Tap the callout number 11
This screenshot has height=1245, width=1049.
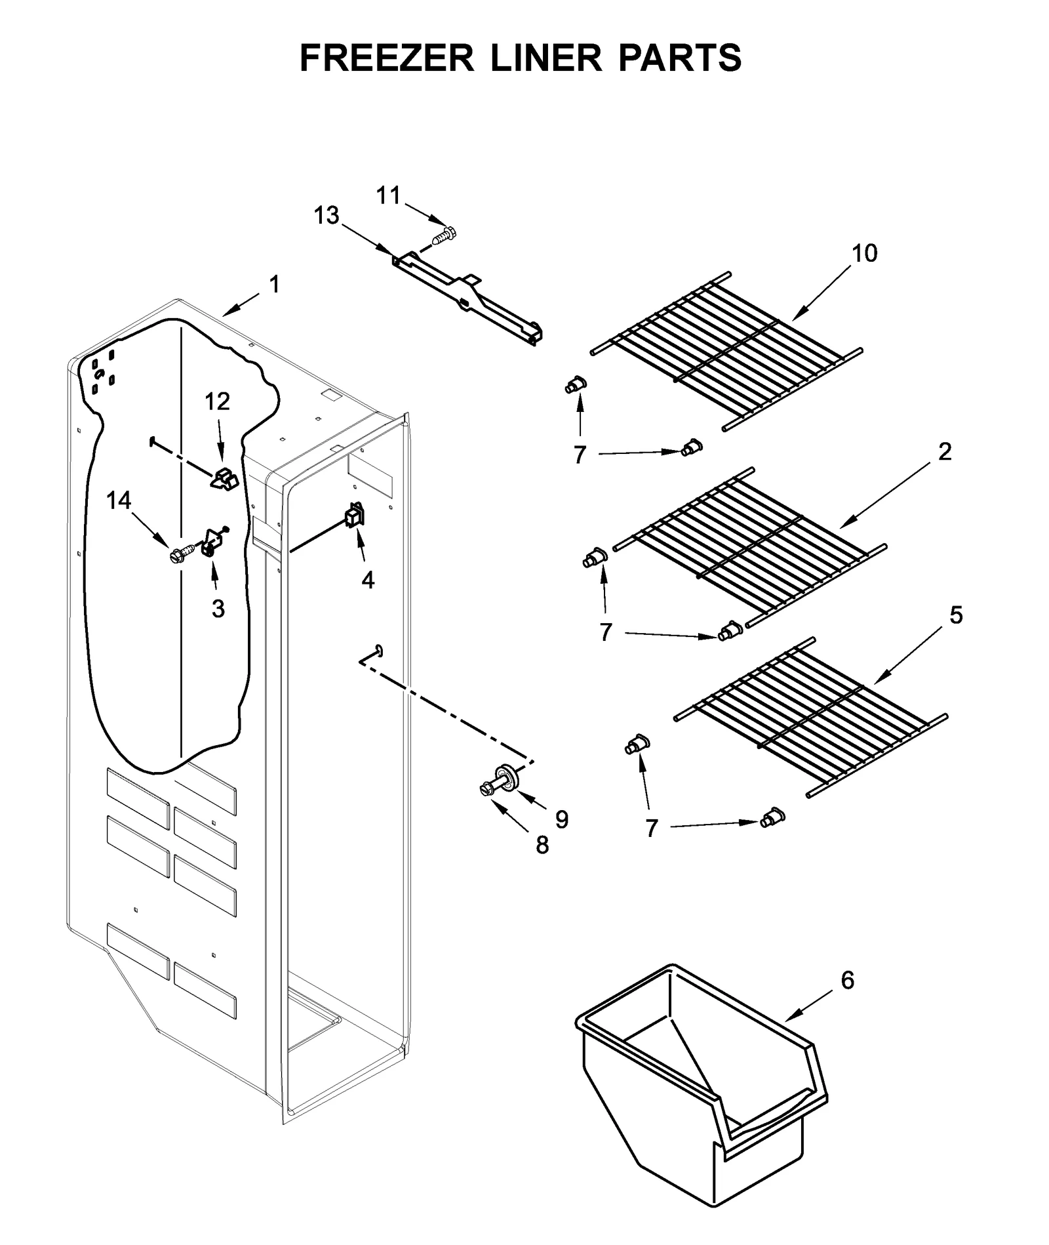click(x=387, y=195)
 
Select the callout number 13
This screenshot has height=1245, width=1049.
click(x=326, y=214)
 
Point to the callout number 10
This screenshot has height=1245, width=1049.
click(x=864, y=253)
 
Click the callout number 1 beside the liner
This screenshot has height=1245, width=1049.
click(x=274, y=285)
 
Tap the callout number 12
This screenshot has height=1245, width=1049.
click(x=218, y=401)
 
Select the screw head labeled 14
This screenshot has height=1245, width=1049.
click(x=176, y=556)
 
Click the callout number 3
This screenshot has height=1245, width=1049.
click(x=218, y=609)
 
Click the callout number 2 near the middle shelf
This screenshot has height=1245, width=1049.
click(x=944, y=451)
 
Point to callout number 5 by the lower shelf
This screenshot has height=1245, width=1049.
click(x=956, y=615)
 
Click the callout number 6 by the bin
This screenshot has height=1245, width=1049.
click(x=847, y=980)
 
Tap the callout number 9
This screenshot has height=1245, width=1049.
click(x=561, y=819)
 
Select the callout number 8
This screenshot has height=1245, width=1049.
click(x=542, y=846)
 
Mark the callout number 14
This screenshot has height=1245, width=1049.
click(x=119, y=500)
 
